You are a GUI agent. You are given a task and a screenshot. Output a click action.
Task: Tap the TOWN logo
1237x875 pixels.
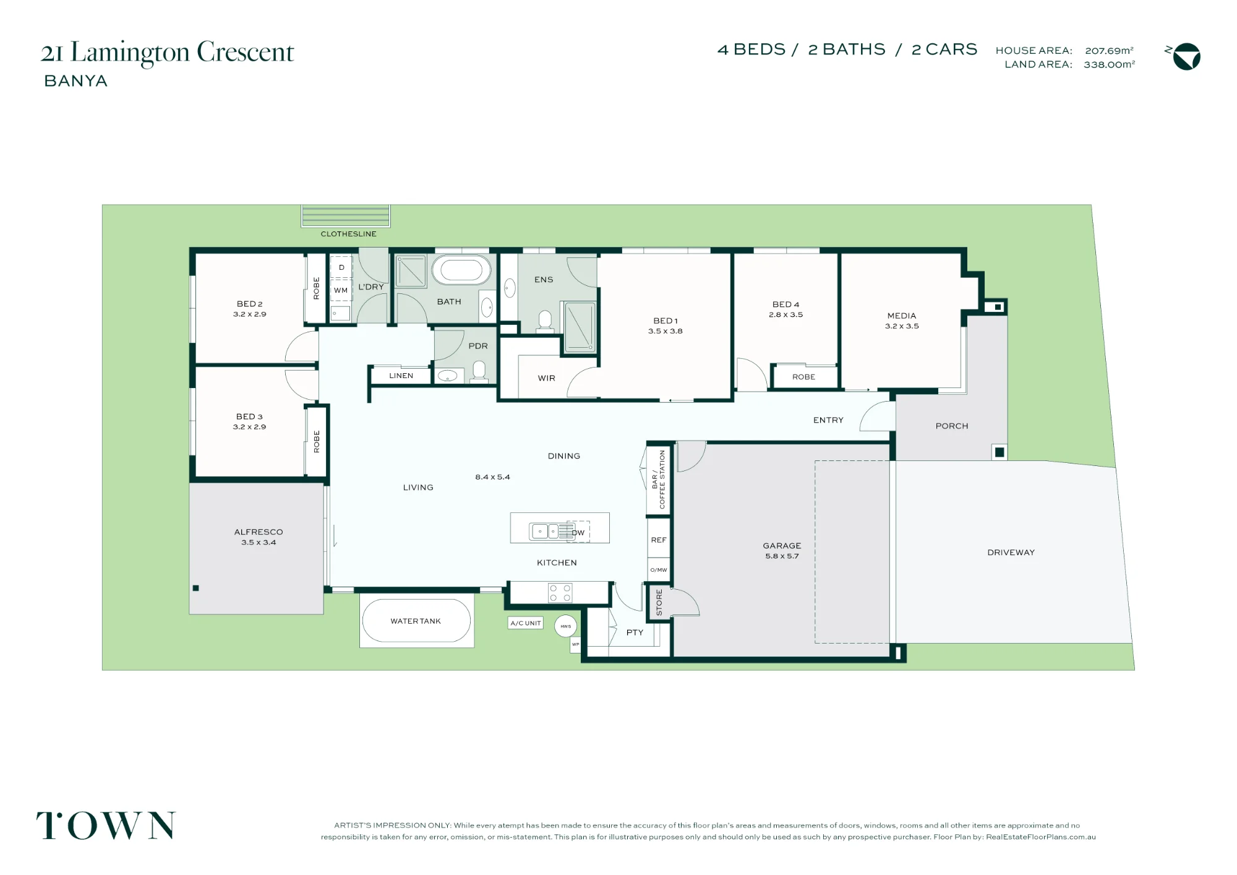click(106, 825)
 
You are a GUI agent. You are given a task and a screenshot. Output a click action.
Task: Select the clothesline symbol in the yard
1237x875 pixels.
click(346, 216)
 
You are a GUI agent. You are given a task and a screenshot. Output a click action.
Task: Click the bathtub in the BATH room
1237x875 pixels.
click(461, 271)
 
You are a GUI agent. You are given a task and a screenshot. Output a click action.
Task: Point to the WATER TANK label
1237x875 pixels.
click(416, 621)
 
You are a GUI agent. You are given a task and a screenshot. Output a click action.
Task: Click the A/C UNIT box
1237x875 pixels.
click(526, 623)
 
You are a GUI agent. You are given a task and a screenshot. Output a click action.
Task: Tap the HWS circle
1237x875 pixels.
click(566, 626)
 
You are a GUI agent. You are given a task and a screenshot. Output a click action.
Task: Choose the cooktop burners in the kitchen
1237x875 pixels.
click(560, 593)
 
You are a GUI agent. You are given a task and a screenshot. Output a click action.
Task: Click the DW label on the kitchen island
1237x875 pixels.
click(578, 533)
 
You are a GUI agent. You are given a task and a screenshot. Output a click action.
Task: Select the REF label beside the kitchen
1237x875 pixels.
click(659, 540)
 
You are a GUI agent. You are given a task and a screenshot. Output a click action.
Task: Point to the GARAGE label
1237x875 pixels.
click(782, 546)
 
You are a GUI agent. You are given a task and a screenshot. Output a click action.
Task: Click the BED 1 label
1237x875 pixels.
click(666, 321)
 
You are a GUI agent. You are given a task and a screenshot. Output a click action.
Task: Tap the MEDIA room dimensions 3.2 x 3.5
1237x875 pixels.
click(902, 326)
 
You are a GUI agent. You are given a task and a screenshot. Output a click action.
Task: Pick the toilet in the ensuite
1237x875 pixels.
click(545, 322)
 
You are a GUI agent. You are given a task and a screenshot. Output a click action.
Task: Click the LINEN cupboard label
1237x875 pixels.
click(401, 376)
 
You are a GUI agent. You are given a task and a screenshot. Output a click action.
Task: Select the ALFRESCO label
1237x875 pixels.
click(259, 532)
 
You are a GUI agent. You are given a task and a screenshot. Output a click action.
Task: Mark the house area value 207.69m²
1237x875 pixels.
click(1110, 50)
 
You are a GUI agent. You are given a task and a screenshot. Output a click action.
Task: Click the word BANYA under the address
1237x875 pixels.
click(76, 81)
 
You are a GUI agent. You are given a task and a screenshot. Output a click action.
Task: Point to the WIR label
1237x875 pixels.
click(547, 378)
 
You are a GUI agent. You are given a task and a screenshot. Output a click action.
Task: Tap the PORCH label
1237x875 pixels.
click(952, 426)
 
